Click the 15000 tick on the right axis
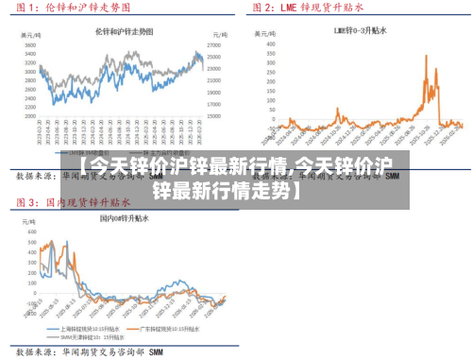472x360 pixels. pos(213,115)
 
